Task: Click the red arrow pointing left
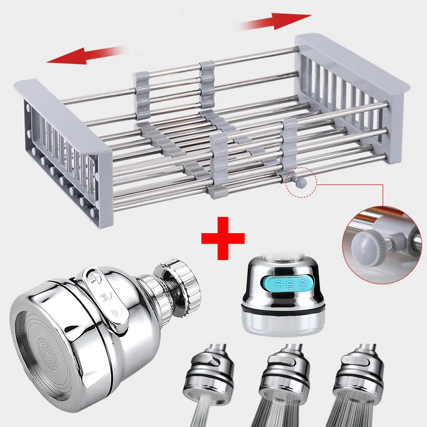(x=81, y=56)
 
